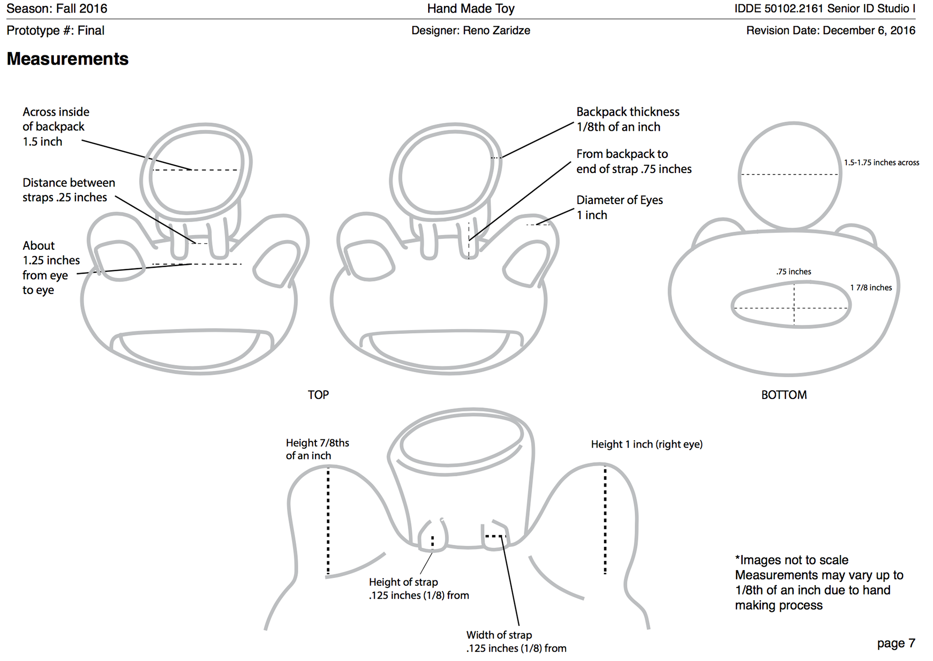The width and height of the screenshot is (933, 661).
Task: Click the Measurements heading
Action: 68,59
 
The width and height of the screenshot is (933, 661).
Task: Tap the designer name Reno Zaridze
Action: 496,31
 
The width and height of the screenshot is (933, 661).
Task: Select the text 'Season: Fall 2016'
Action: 57,8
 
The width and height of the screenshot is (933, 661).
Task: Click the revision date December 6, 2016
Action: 869,31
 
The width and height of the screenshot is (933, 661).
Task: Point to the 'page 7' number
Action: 896,644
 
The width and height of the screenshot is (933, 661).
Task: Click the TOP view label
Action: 318,395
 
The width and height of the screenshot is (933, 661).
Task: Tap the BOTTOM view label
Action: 784,395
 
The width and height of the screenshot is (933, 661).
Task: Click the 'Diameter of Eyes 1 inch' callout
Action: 620,208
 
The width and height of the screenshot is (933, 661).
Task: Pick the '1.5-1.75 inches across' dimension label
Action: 881,162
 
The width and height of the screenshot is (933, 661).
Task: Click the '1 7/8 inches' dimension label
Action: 871,287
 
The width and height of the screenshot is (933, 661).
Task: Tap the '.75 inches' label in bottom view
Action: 794,272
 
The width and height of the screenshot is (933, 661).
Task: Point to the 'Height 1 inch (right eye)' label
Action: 647,444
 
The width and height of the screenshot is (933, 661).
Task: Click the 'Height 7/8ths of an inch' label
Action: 317,449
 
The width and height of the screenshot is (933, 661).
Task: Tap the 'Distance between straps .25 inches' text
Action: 69,190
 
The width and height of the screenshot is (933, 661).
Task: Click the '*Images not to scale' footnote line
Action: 792,560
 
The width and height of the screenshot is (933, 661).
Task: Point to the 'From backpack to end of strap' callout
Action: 634,161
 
